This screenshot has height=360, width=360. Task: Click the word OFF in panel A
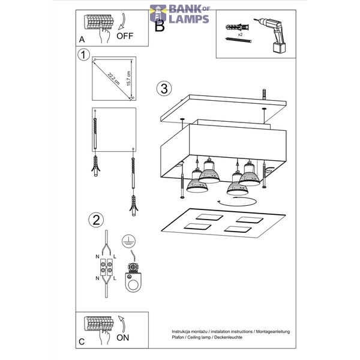click(125, 36)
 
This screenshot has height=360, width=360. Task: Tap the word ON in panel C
click(122, 337)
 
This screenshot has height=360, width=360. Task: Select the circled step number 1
click(83, 55)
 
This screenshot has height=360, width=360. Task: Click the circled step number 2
click(96, 220)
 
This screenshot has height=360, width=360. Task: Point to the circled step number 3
click(164, 88)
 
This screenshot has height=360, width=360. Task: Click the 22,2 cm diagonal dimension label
click(113, 79)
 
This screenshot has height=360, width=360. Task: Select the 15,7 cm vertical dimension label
click(128, 79)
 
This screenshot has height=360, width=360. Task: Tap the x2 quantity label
click(240, 35)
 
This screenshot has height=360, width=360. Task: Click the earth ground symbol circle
click(128, 241)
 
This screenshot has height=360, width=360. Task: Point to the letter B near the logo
click(160, 26)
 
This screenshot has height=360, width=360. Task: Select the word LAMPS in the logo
click(189, 19)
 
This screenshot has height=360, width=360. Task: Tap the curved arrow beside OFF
click(122, 22)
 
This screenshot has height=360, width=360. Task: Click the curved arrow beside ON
click(122, 324)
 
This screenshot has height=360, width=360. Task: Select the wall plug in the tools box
click(238, 27)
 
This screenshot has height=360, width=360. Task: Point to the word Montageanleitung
click(273, 332)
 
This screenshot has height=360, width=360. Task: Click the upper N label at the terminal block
click(97, 257)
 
